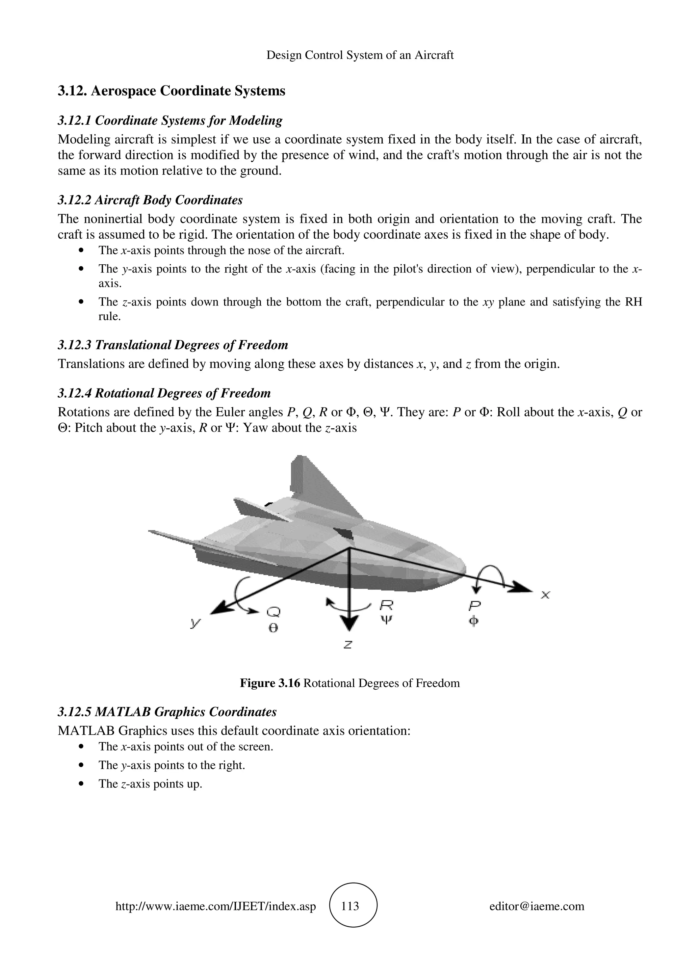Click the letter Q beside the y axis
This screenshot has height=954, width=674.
click(273, 612)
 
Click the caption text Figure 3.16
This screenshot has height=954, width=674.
click(270, 683)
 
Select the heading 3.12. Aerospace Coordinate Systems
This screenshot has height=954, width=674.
click(171, 91)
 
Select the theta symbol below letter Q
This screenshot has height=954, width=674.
click(273, 628)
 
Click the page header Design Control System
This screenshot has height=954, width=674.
click(360, 55)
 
